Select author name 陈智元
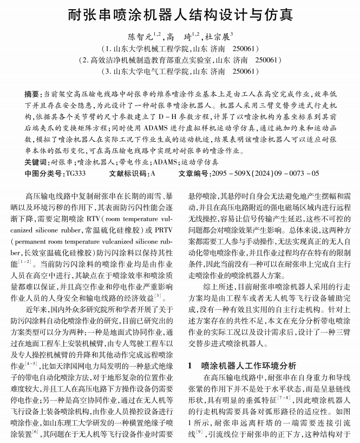point(140,38)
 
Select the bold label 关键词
point(35,162)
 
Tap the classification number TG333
point(75,173)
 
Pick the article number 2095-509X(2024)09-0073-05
point(265,173)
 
